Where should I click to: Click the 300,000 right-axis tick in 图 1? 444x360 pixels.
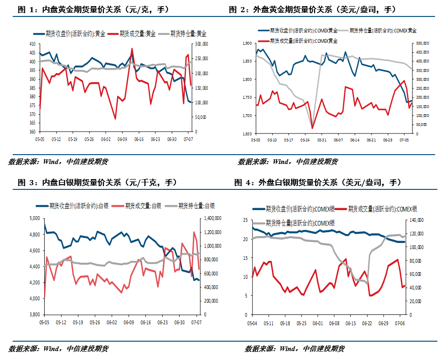tap(201, 44)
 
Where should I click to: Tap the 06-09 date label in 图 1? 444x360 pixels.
tap(122, 139)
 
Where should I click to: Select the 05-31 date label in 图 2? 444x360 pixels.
tap(322, 140)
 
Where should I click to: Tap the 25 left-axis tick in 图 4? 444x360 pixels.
tap(245, 220)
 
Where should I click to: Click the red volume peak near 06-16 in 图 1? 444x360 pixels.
tap(132, 48)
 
